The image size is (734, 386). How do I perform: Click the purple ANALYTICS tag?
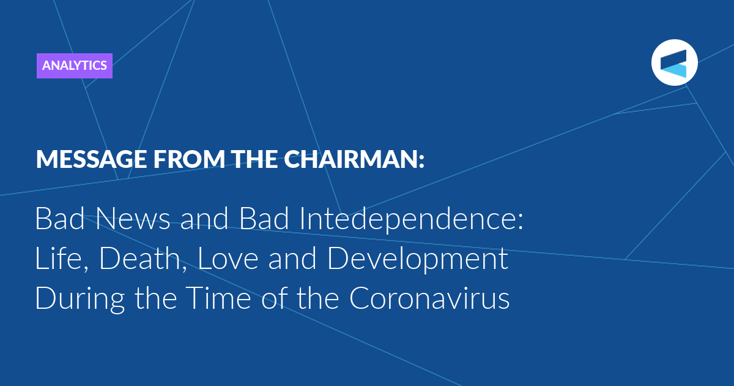(x=75, y=66)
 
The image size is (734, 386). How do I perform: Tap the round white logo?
(x=674, y=62)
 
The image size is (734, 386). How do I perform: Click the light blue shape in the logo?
(x=676, y=71)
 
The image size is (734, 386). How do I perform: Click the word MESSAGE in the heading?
(x=91, y=159)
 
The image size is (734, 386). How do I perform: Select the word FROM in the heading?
(x=189, y=159)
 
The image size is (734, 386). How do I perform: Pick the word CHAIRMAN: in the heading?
(x=354, y=159)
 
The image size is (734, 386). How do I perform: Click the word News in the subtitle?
(x=133, y=219)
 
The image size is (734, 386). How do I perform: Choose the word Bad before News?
(x=60, y=219)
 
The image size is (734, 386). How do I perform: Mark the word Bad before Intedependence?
(x=264, y=219)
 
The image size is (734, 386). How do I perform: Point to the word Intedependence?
(x=412, y=220)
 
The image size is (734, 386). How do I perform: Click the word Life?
(x=62, y=259)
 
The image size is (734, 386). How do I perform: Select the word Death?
(x=143, y=259)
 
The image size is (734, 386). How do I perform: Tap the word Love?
(x=228, y=259)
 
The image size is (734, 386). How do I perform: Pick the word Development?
(x=418, y=260)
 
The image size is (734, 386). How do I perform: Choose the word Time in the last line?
(x=220, y=298)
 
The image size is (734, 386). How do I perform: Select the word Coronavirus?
(x=429, y=298)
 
